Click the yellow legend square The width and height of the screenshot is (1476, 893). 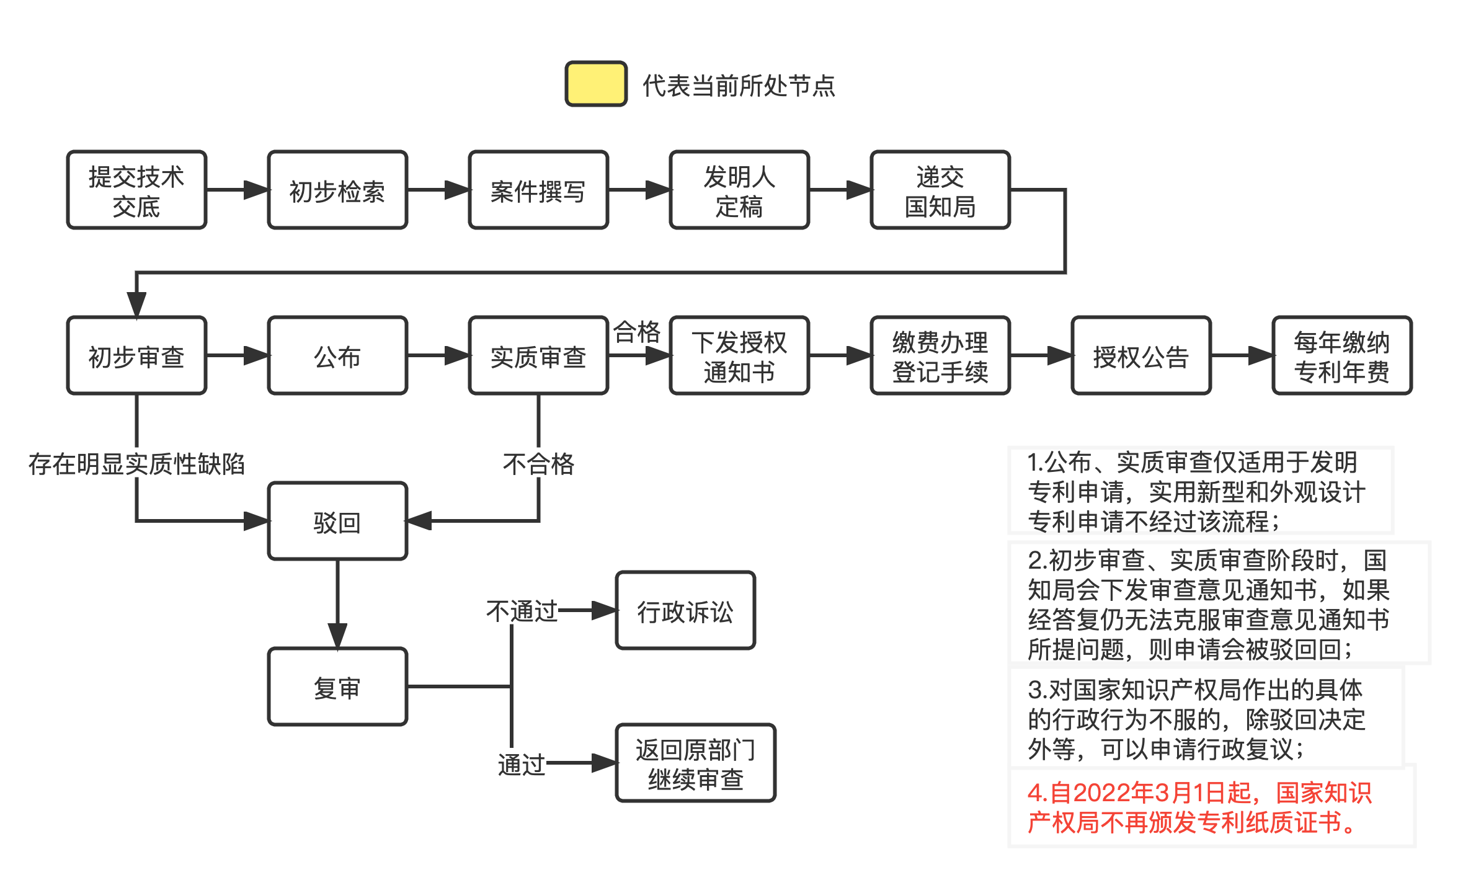pyautogui.click(x=596, y=84)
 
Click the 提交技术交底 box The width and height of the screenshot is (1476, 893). pyautogui.click(x=136, y=190)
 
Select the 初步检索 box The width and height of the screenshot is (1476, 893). pyautogui.click(x=337, y=190)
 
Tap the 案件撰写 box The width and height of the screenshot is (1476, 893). pyautogui.click(x=538, y=190)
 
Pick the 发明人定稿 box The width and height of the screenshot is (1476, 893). pyautogui.click(x=739, y=190)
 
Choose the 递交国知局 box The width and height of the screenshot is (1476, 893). pyautogui.click(x=940, y=190)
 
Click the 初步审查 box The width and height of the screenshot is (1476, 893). pyautogui.click(x=136, y=356)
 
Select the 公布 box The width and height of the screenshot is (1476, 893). pyautogui.click(x=337, y=356)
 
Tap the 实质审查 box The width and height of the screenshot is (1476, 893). pyautogui.click(x=538, y=356)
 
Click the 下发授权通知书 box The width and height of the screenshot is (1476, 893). pyautogui.click(x=739, y=356)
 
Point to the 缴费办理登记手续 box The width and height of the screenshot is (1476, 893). pyautogui.click(x=940, y=356)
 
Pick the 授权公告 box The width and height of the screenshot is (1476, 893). pyautogui.click(x=1141, y=356)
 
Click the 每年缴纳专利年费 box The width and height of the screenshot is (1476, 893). pyautogui.click(x=1342, y=356)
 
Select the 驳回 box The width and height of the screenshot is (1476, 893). pyautogui.click(x=337, y=522)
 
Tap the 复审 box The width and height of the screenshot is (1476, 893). pyautogui.click(x=337, y=687)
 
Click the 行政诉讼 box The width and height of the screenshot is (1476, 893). pyautogui.click(x=685, y=611)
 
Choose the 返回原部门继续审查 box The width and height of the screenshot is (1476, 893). pyautogui.click(x=695, y=763)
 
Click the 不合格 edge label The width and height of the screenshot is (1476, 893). pyautogui.click(x=538, y=463)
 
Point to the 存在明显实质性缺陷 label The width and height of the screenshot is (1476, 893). pyautogui.click(x=136, y=463)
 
